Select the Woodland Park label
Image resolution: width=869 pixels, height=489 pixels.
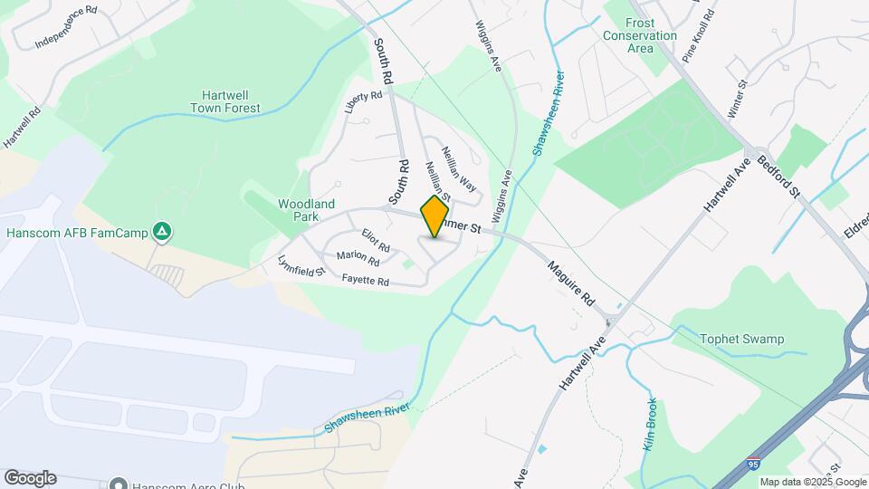point(307,211)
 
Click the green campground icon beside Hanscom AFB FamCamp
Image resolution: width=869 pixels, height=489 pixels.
point(161,233)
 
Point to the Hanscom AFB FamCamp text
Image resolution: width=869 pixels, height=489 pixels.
point(77,233)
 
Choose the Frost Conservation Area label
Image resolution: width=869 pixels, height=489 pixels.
point(640,35)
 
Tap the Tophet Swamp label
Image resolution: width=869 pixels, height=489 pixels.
point(741,340)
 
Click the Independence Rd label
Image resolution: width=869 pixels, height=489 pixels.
point(65,27)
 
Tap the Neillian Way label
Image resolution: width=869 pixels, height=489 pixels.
point(459,168)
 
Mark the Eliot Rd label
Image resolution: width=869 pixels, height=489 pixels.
point(376,240)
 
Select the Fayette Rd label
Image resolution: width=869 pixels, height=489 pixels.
point(366,282)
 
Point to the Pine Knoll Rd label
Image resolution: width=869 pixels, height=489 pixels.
point(699,34)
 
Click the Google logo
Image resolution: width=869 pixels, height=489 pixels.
point(30,477)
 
